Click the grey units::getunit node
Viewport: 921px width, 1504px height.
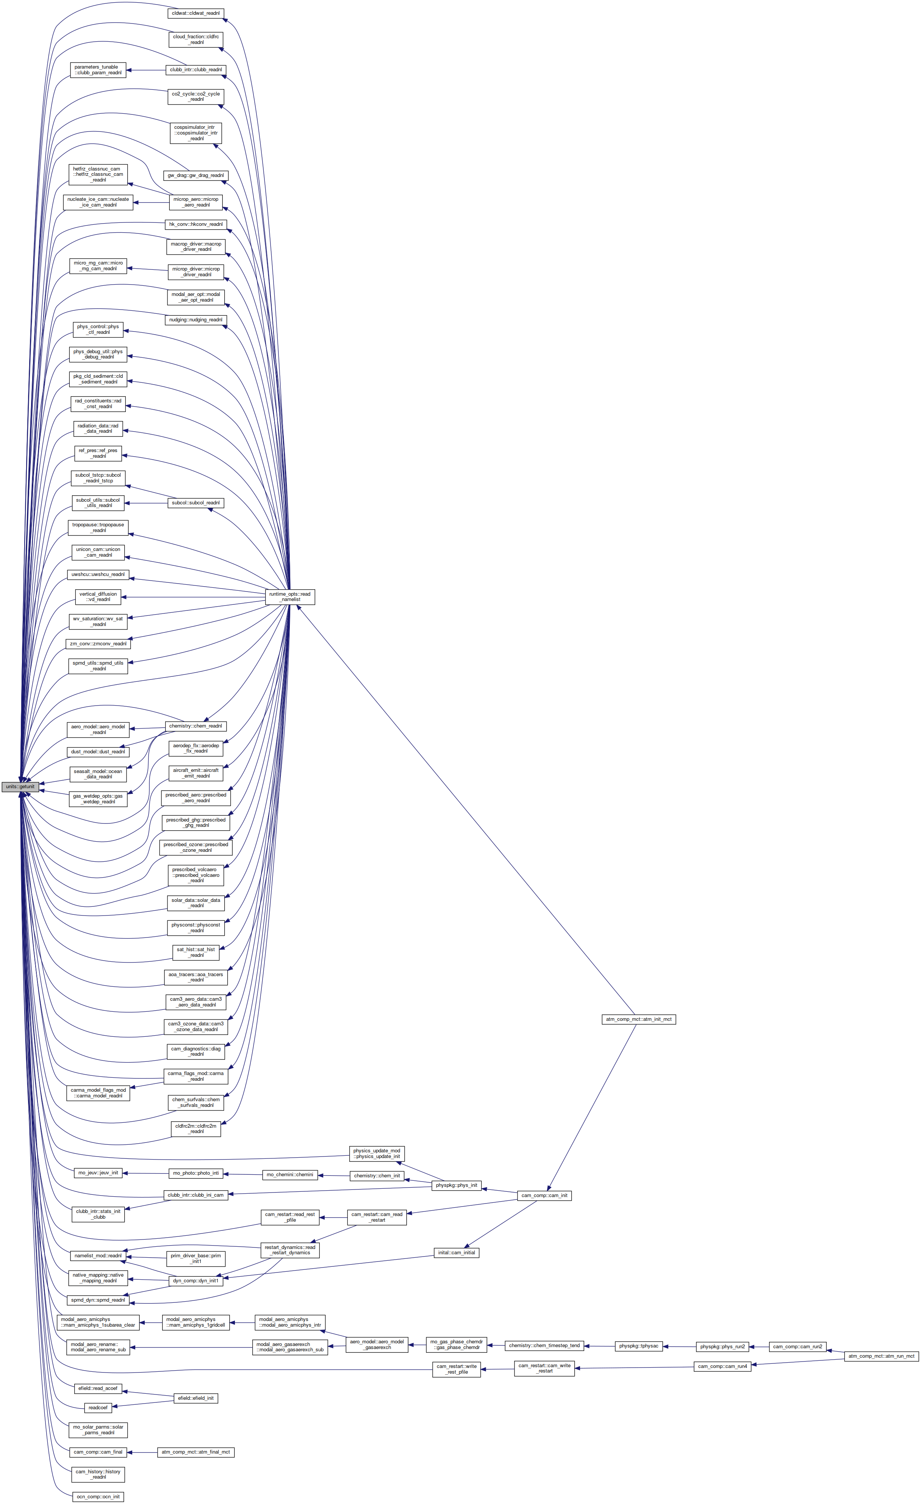[20, 786]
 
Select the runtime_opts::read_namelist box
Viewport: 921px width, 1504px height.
[290, 596]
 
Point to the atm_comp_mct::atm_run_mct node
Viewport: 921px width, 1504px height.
[881, 1356]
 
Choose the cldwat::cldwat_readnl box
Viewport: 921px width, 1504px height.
[195, 13]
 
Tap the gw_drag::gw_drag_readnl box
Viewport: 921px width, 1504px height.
[196, 175]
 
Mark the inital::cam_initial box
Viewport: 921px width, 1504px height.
[457, 1252]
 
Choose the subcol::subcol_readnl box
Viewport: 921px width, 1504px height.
[196, 502]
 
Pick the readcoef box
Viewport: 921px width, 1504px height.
[98, 1407]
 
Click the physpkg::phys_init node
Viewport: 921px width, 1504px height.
[457, 1185]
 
